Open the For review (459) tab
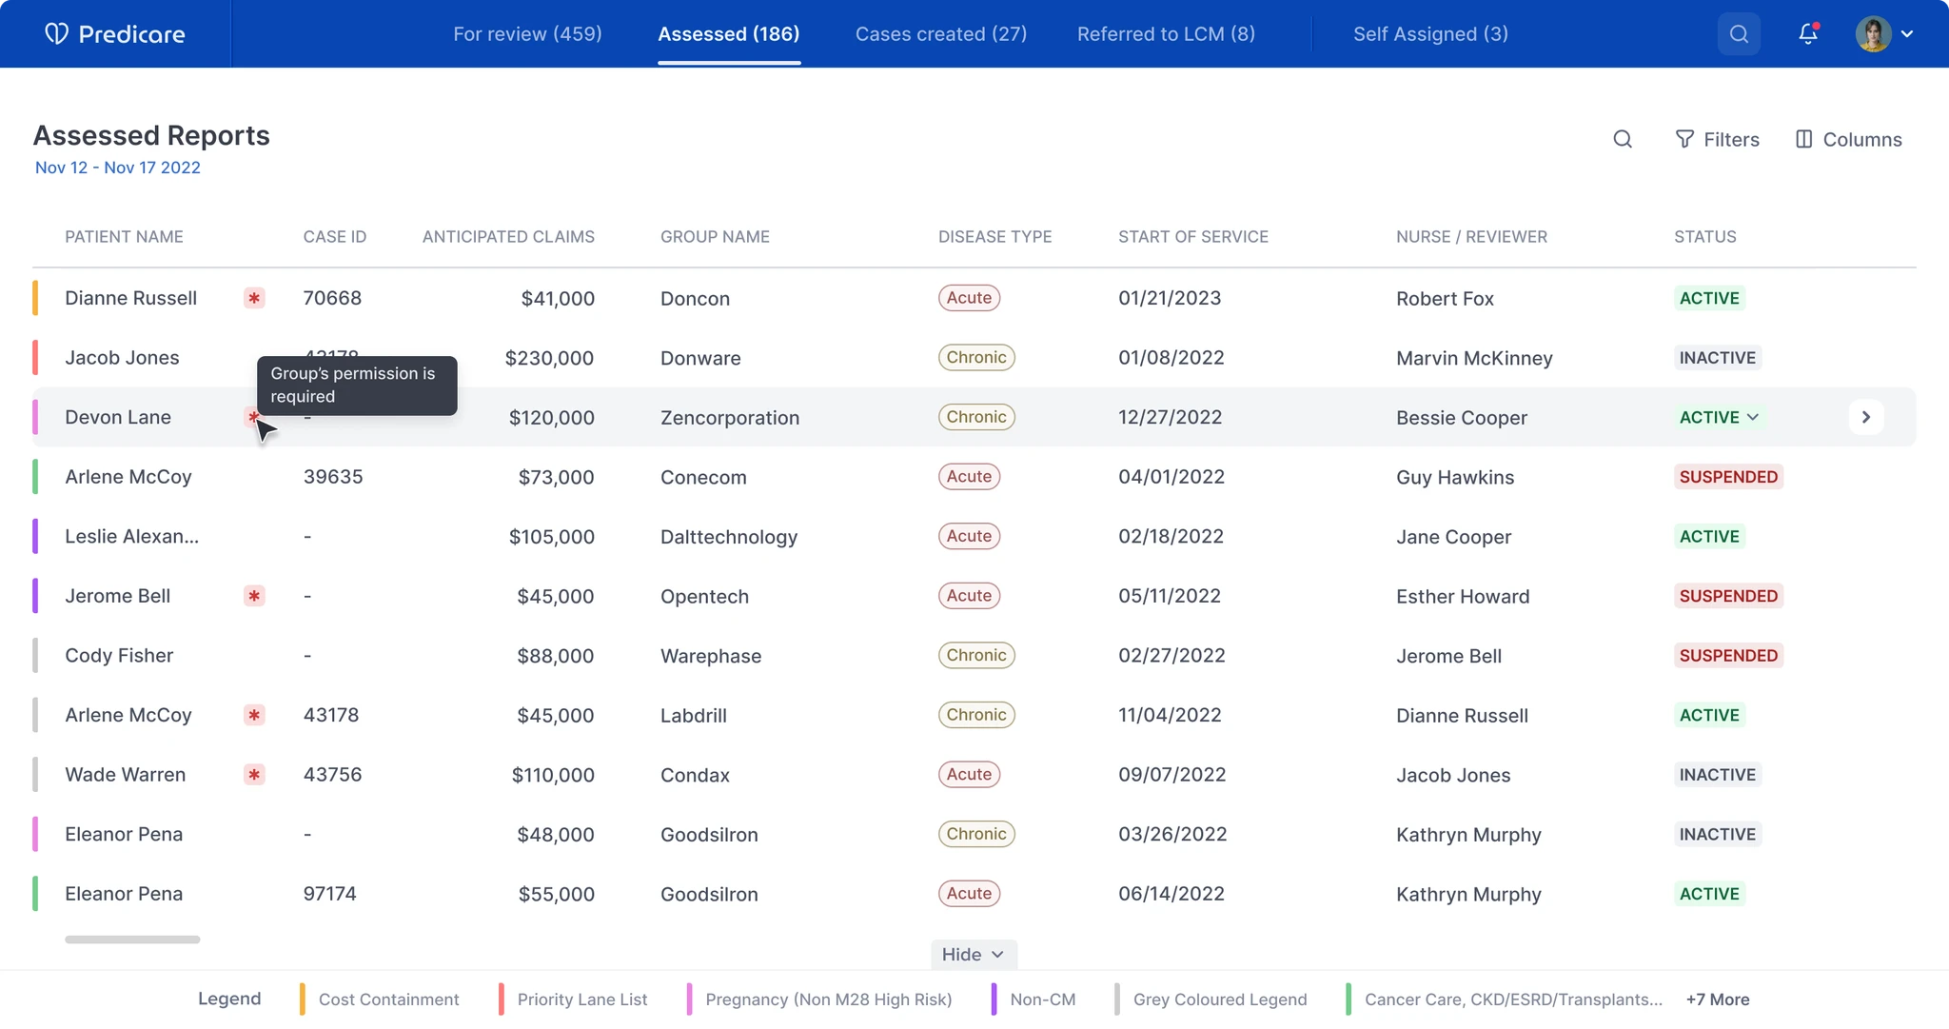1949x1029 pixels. (527, 34)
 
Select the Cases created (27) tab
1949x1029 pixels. (941, 34)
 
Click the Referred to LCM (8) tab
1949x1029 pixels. (1166, 34)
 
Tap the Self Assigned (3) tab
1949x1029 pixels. (1430, 34)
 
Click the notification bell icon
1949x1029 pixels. (1808, 33)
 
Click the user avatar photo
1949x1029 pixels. (1873, 34)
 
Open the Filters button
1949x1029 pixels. (1717, 140)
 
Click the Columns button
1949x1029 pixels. (1848, 140)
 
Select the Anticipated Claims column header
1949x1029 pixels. (508, 237)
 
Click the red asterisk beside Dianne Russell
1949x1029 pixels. (254, 298)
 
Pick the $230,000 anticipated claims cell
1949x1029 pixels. (549, 358)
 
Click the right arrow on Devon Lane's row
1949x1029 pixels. (1866, 417)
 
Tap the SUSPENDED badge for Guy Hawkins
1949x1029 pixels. (1728, 477)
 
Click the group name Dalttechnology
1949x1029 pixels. (729, 537)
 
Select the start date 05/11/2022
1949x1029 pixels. (1170, 596)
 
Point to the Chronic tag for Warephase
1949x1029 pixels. (976, 655)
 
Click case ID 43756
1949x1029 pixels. (333, 775)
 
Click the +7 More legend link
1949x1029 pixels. (1718, 999)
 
